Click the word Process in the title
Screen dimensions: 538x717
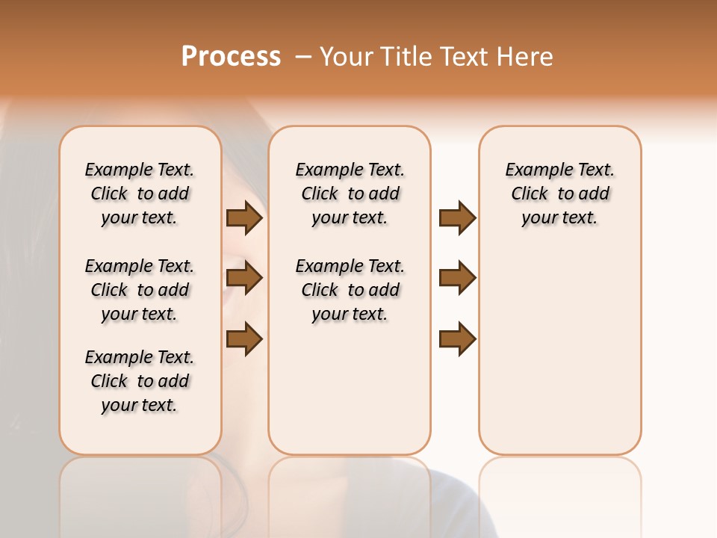point(231,57)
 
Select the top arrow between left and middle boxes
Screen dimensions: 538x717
point(244,217)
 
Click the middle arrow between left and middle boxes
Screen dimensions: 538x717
point(244,278)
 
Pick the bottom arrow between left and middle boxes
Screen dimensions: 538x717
point(244,338)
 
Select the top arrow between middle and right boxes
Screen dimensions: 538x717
point(457,217)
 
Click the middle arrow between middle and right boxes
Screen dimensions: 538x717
point(457,278)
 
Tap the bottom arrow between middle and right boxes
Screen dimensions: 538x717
point(457,338)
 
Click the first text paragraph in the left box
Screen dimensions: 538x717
point(140,194)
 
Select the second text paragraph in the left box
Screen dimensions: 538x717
point(140,290)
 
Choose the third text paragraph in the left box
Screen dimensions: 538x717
point(140,381)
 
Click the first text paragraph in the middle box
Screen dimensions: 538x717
point(350,194)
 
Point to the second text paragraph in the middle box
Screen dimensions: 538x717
point(350,290)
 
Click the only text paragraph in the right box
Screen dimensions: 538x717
point(559,194)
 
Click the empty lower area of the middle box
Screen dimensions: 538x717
point(350,389)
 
